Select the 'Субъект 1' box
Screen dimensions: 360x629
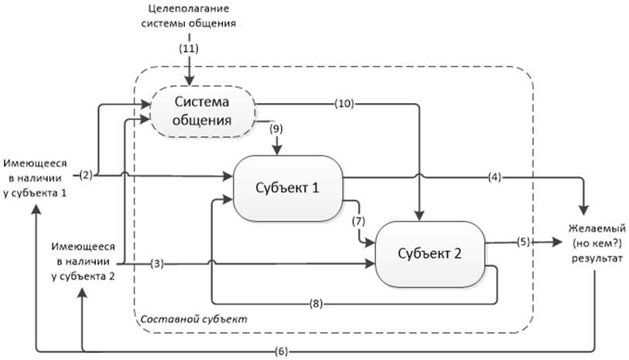289,188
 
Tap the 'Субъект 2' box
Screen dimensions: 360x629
430,252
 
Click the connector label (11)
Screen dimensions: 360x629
190,48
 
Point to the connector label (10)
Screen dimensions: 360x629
344,103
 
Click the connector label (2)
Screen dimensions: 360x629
86,175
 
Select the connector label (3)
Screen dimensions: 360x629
156,265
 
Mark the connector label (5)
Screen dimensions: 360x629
523,242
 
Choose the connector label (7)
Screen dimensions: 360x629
358,221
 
